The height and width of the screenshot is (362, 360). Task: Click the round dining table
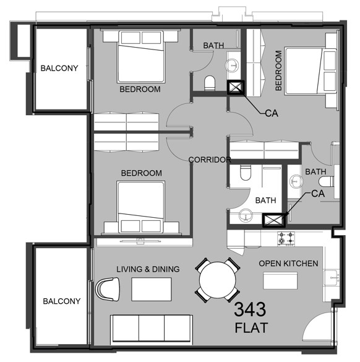[x=217, y=280]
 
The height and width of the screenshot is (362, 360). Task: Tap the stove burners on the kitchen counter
[x=286, y=238]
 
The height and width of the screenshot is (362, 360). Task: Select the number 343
[x=250, y=309]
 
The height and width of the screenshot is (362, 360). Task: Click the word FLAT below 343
[x=251, y=328]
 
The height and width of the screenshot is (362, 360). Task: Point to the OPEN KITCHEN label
[x=288, y=264]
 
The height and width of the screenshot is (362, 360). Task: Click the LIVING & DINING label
[x=148, y=269]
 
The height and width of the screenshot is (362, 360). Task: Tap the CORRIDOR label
[x=210, y=160]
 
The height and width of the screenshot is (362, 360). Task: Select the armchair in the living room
[x=108, y=289]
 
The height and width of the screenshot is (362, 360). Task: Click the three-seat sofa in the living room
[x=152, y=329]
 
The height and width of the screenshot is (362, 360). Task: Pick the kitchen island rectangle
[x=280, y=280]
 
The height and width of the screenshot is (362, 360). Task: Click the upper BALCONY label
[x=59, y=68]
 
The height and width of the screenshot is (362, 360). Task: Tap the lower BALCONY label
[x=62, y=301]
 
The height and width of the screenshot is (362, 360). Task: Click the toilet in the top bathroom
[x=210, y=84]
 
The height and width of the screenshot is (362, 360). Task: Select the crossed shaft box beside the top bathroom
[x=236, y=87]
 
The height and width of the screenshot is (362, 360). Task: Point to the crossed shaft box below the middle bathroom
[x=274, y=220]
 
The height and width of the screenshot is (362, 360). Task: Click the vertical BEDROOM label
[x=278, y=71]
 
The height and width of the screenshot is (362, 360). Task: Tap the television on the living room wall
[x=141, y=241]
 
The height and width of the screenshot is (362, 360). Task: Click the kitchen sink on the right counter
[x=332, y=277]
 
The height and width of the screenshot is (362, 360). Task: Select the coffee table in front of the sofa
[x=152, y=289]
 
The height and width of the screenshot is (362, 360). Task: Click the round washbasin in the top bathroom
[x=232, y=65]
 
